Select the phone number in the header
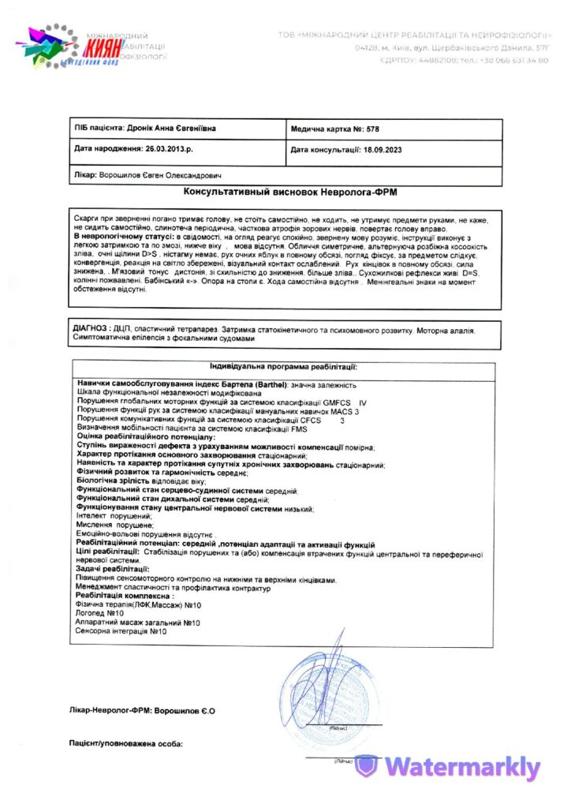click(512, 61)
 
